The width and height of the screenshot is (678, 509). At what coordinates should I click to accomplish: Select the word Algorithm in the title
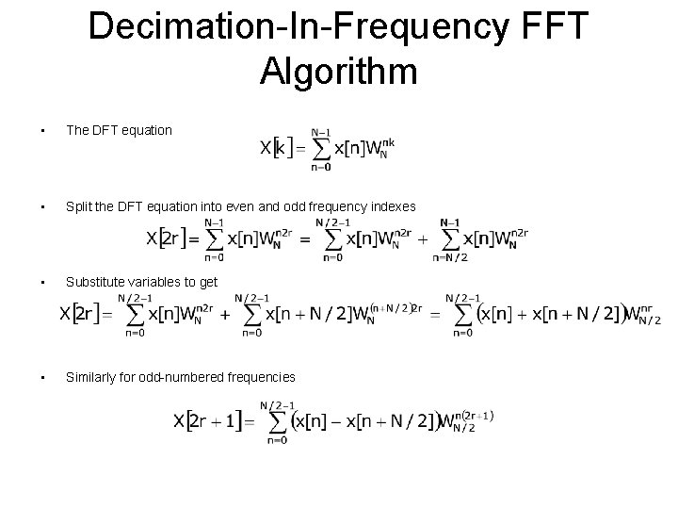(x=339, y=73)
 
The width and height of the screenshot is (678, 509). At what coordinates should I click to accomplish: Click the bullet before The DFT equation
(x=32, y=130)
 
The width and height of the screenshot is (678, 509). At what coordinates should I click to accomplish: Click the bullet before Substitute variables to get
(x=32, y=282)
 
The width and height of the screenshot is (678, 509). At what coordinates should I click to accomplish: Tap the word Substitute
(x=97, y=282)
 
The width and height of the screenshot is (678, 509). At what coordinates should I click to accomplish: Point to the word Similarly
(x=92, y=377)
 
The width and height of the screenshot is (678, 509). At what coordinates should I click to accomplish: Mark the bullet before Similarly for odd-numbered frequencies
(x=32, y=377)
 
